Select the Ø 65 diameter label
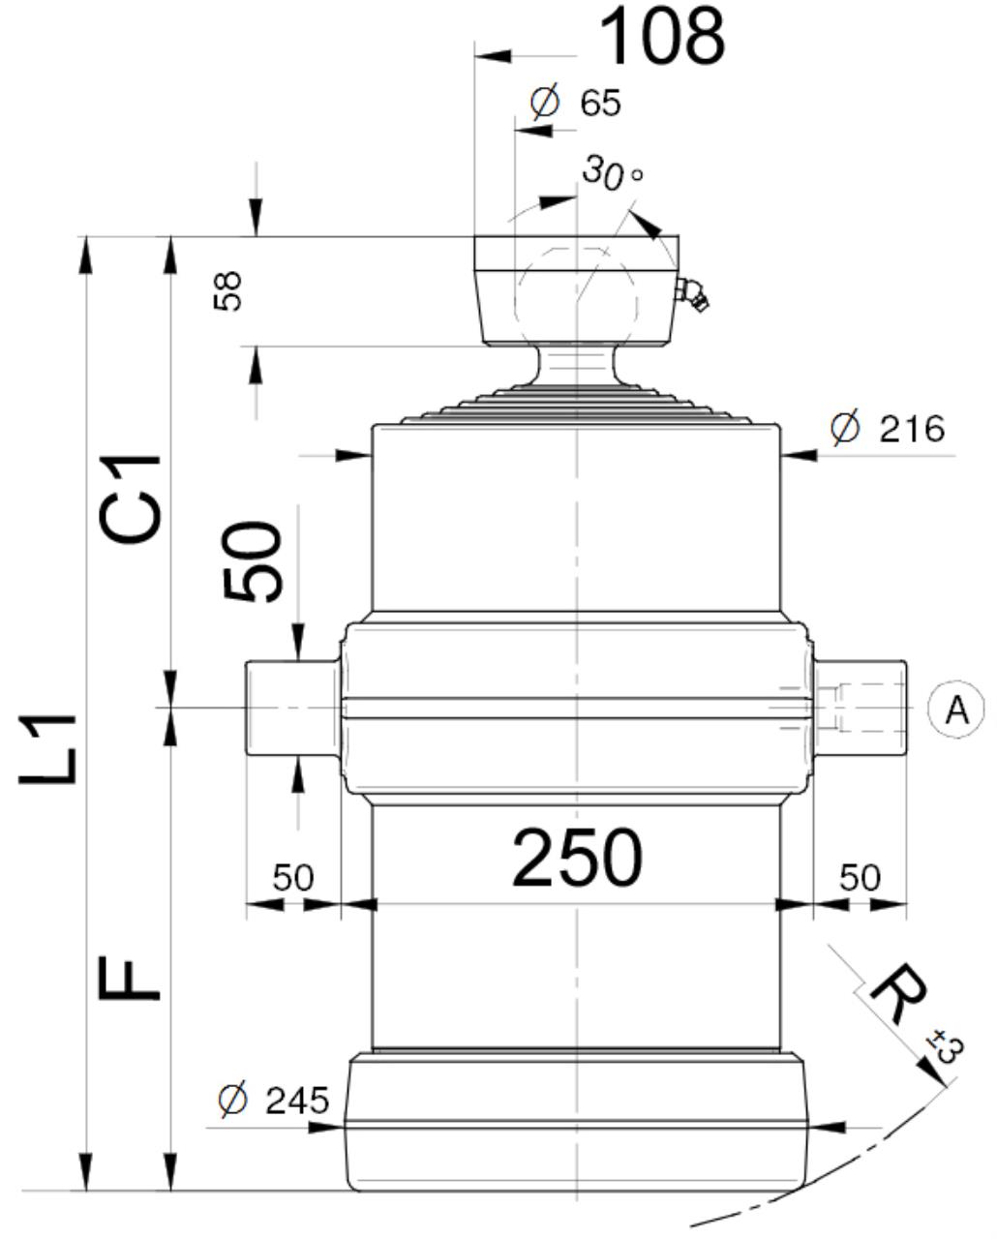pyautogui.click(x=575, y=102)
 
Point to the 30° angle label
pyautogui.click(x=612, y=172)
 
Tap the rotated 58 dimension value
pyautogui.click(x=227, y=291)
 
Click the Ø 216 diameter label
pyautogui.click(x=888, y=429)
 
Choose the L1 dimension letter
pyautogui.click(x=47, y=748)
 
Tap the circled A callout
pyautogui.click(x=956, y=710)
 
